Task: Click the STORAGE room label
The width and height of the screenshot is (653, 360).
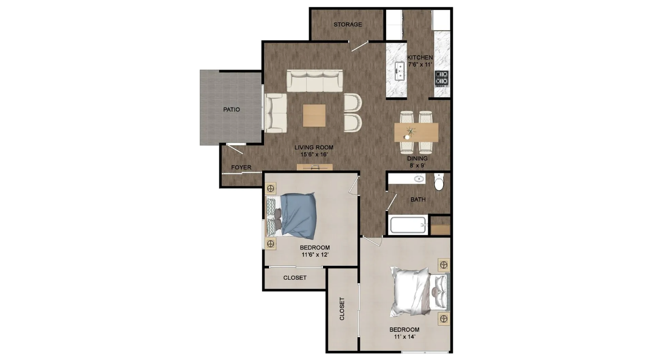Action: [348, 24]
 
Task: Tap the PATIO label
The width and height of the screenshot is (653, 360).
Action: [231, 109]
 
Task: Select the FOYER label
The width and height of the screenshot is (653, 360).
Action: [241, 168]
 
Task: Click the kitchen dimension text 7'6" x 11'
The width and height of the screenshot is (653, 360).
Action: [420, 64]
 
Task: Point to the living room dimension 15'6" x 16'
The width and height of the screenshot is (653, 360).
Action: [314, 155]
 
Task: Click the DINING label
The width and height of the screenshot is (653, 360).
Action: [417, 158]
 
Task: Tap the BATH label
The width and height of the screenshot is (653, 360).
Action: [418, 200]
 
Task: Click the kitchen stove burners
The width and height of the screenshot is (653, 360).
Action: [441, 78]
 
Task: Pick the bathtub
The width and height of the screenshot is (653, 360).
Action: [408, 225]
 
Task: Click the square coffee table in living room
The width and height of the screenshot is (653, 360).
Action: [314, 116]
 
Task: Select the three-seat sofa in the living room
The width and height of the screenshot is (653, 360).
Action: [314, 81]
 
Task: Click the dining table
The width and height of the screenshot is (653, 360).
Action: [416, 132]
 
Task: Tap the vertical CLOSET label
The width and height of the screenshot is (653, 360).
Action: [342, 309]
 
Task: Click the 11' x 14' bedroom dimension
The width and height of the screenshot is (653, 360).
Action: [404, 337]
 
